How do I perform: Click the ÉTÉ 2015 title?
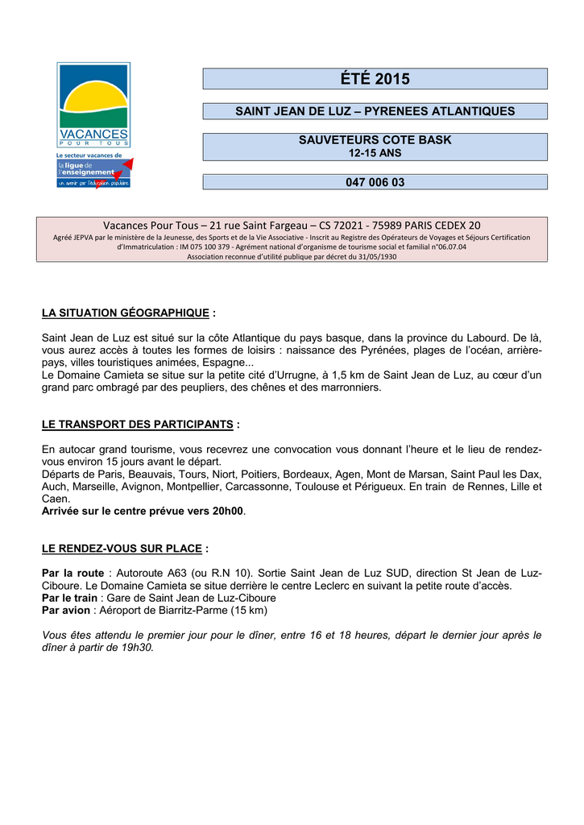375,79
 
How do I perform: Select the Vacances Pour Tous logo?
93,105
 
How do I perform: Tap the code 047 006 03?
375,183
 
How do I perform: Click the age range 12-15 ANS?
375,152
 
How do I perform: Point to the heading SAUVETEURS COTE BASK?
375,140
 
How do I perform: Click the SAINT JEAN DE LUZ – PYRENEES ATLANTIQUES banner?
375,111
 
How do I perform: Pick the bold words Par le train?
69,598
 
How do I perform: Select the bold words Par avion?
65,611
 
